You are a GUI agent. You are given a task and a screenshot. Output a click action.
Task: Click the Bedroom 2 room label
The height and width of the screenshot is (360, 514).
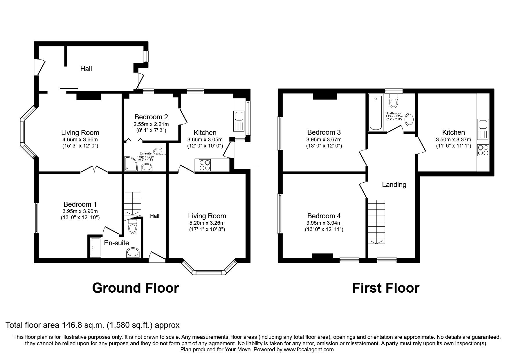(x=151, y=117)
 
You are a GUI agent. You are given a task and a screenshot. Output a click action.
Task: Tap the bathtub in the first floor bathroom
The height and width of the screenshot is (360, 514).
(x=376, y=113)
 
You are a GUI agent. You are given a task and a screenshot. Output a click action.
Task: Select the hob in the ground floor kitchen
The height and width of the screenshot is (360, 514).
(x=204, y=165)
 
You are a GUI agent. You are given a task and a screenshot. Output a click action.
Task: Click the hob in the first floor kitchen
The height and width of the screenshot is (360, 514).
(x=483, y=150)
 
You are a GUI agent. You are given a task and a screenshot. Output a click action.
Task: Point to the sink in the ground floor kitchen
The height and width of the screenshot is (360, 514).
(x=239, y=116)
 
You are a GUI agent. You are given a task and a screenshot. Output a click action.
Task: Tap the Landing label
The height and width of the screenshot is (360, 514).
(x=394, y=185)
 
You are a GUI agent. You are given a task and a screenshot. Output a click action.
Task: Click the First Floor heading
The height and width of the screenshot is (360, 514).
(x=386, y=288)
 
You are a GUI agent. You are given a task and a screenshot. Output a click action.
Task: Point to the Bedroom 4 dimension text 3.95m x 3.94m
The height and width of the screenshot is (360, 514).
(x=324, y=223)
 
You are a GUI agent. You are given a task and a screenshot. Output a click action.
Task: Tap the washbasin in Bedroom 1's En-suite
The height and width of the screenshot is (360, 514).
(x=133, y=252)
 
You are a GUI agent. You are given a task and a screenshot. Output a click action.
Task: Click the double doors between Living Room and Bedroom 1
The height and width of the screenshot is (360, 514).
(x=94, y=170)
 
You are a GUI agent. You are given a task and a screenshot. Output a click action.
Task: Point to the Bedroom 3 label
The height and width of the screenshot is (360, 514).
(x=324, y=132)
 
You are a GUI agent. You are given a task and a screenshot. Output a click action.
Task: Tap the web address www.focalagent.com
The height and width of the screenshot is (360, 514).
(x=309, y=350)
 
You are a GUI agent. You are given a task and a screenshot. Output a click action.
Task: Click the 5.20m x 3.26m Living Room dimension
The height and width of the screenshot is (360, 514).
(x=207, y=223)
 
